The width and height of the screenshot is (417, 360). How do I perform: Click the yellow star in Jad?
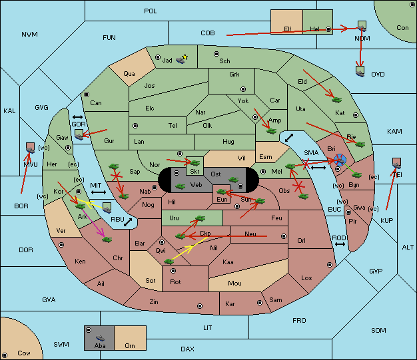(x=185, y=57)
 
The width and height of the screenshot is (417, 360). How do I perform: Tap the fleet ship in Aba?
(x=100, y=337)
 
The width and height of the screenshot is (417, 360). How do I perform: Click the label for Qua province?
(x=129, y=74)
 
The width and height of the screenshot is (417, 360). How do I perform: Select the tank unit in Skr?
(x=195, y=162)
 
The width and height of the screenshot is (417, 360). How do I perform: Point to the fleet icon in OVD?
(x=360, y=71)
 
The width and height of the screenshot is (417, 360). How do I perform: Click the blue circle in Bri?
(x=340, y=160)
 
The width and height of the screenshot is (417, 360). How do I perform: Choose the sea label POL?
(x=151, y=11)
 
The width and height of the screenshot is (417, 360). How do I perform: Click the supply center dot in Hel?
(x=328, y=29)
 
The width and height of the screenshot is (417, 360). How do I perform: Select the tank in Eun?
(x=222, y=191)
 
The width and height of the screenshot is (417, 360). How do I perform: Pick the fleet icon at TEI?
(x=396, y=163)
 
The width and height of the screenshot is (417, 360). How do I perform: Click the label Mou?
(x=234, y=283)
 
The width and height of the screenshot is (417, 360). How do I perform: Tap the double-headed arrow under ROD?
(x=340, y=244)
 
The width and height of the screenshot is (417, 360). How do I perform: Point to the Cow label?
(x=24, y=353)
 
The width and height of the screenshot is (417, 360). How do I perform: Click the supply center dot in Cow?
(x=5, y=355)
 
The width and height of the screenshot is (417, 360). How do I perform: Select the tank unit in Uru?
(x=200, y=218)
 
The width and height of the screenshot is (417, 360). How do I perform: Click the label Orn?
(x=130, y=345)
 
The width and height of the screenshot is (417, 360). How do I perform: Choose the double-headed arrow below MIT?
(x=99, y=192)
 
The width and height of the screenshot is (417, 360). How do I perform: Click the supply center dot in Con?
(x=412, y=5)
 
